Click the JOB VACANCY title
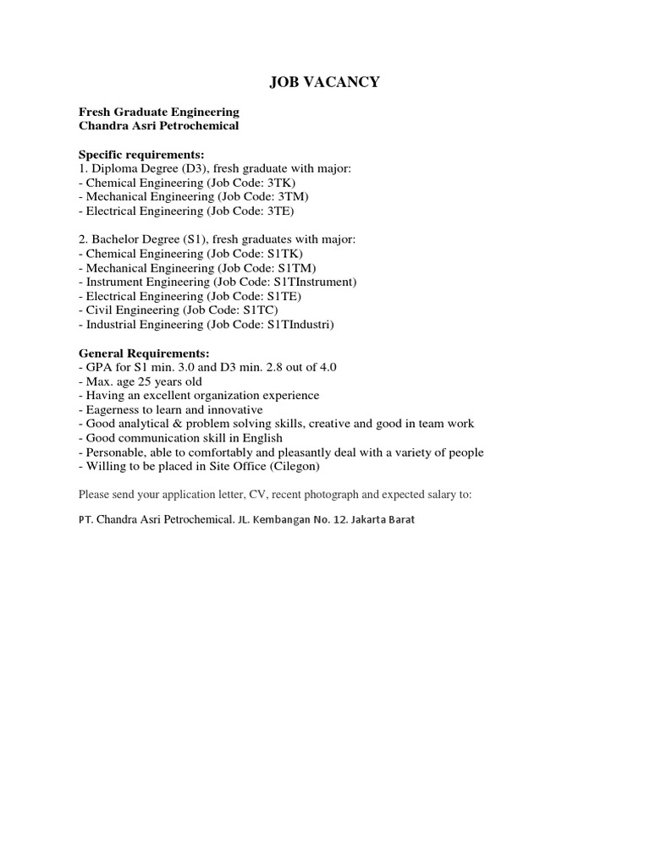coord(325,82)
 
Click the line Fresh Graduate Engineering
coord(159,112)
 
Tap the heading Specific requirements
coord(141,155)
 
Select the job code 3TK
coord(281,183)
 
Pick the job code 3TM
coord(292,197)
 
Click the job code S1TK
coord(284,254)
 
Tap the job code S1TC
coord(261,310)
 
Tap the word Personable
coord(113,452)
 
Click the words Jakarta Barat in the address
coord(383,519)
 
